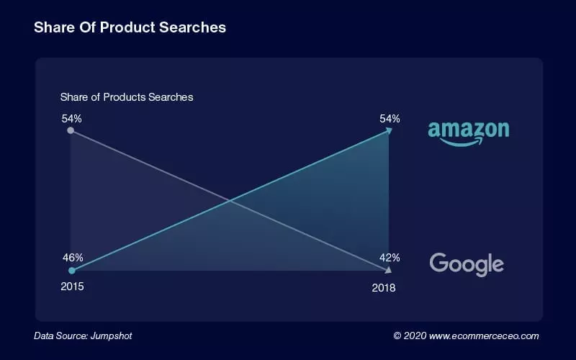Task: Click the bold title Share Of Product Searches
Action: pos(130,27)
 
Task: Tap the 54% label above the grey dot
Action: pos(71,117)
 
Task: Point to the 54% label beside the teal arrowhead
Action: pos(390,118)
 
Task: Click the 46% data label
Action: pos(73,257)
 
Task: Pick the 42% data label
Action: pos(390,257)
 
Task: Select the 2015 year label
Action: pos(72,287)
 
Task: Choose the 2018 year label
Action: pos(383,287)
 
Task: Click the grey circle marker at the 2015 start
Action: pos(71,130)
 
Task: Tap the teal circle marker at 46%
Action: pos(71,271)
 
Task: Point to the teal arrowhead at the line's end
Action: pos(389,130)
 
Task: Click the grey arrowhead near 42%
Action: pos(389,270)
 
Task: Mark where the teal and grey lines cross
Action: pos(230,200)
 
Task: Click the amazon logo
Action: pos(468,130)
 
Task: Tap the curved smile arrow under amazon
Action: pos(462,142)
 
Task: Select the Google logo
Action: pos(467,264)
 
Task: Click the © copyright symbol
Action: pos(397,336)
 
